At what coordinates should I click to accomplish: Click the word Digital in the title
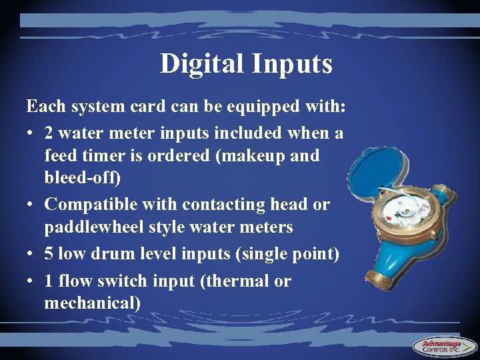202,64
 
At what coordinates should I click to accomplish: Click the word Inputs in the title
292,64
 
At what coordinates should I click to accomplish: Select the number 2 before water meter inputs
50,133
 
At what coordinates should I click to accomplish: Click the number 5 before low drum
50,254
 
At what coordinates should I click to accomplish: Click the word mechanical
92,304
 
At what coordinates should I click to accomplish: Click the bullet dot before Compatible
31,205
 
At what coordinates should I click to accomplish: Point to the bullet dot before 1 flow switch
31,281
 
